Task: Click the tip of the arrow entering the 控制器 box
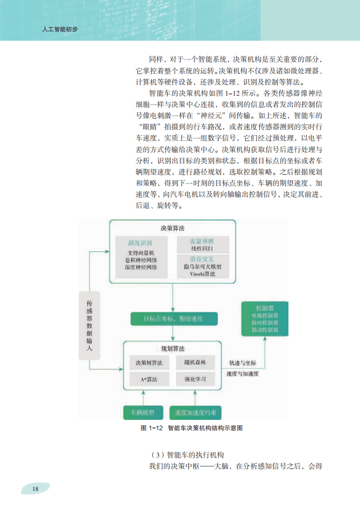(x=265, y=337)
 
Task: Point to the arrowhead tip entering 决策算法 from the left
(x=110, y=251)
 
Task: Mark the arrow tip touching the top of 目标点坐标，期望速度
(x=173, y=312)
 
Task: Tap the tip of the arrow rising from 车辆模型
(x=144, y=390)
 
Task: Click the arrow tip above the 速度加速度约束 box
(x=195, y=390)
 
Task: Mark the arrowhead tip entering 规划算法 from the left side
(x=123, y=369)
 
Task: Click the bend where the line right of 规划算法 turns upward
(x=265, y=368)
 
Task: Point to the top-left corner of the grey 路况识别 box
(x=115, y=236)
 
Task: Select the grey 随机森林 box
(x=195, y=363)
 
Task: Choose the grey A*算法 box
(x=149, y=379)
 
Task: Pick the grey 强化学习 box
(x=195, y=379)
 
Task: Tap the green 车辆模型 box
(x=143, y=413)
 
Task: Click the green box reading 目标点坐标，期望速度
(x=174, y=319)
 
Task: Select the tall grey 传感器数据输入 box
(x=89, y=326)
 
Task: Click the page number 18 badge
(x=35, y=489)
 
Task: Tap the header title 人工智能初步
(x=60, y=30)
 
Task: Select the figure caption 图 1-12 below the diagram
(x=191, y=428)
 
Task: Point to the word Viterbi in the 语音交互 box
(x=197, y=274)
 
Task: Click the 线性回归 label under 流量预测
(x=202, y=249)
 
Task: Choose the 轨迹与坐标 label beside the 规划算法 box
(x=242, y=363)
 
